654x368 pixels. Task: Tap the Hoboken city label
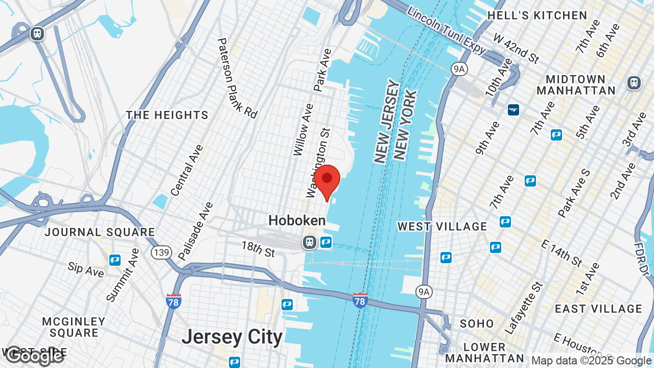pyautogui.click(x=297, y=221)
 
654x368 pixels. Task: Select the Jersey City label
pyautogui.click(x=232, y=337)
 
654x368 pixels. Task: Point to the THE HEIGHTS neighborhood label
pyautogui.click(x=168, y=115)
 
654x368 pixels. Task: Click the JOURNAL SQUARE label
pyautogui.click(x=100, y=232)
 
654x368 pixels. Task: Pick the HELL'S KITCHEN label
pyautogui.click(x=537, y=15)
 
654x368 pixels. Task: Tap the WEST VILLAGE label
pyautogui.click(x=442, y=226)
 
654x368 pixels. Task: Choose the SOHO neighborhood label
pyautogui.click(x=477, y=324)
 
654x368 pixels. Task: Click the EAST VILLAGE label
pyautogui.click(x=598, y=309)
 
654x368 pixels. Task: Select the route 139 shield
pyautogui.click(x=160, y=252)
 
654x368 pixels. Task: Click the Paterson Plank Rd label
pyautogui.click(x=237, y=78)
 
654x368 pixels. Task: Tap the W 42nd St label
pyautogui.click(x=516, y=49)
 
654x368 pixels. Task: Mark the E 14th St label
pyautogui.click(x=561, y=250)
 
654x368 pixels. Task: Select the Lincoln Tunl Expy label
pyautogui.click(x=447, y=31)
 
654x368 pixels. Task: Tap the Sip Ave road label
pyautogui.click(x=86, y=269)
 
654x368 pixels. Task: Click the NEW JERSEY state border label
pyautogui.click(x=386, y=121)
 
